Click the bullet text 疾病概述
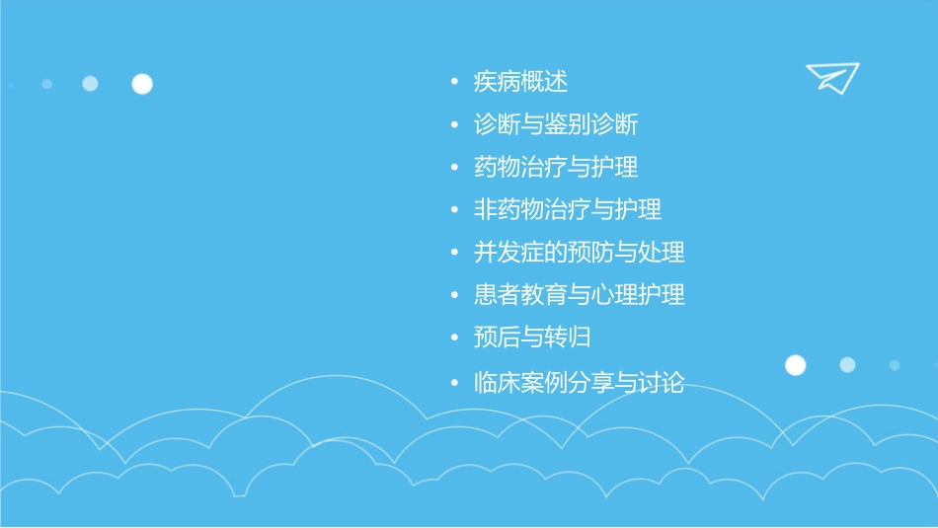(x=520, y=82)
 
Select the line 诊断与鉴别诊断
(x=556, y=124)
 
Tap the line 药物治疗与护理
(x=556, y=167)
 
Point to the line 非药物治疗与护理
(x=568, y=209)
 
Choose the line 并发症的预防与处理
(x=580, y=252)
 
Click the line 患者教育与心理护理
(x=580, y=294)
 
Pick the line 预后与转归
(x=532, y=337)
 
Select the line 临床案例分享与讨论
(x=580, y=383)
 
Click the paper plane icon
(x=831, y=77)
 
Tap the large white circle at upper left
(x=142, y=84)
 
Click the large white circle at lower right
(x=795, y=365)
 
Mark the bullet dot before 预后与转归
(x=453, y=338)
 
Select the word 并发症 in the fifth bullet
(x=509, y=252)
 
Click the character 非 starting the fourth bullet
(x=486, y=209)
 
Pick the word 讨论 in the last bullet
(x=662, y=383)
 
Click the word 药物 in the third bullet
(x=498, y=167)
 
